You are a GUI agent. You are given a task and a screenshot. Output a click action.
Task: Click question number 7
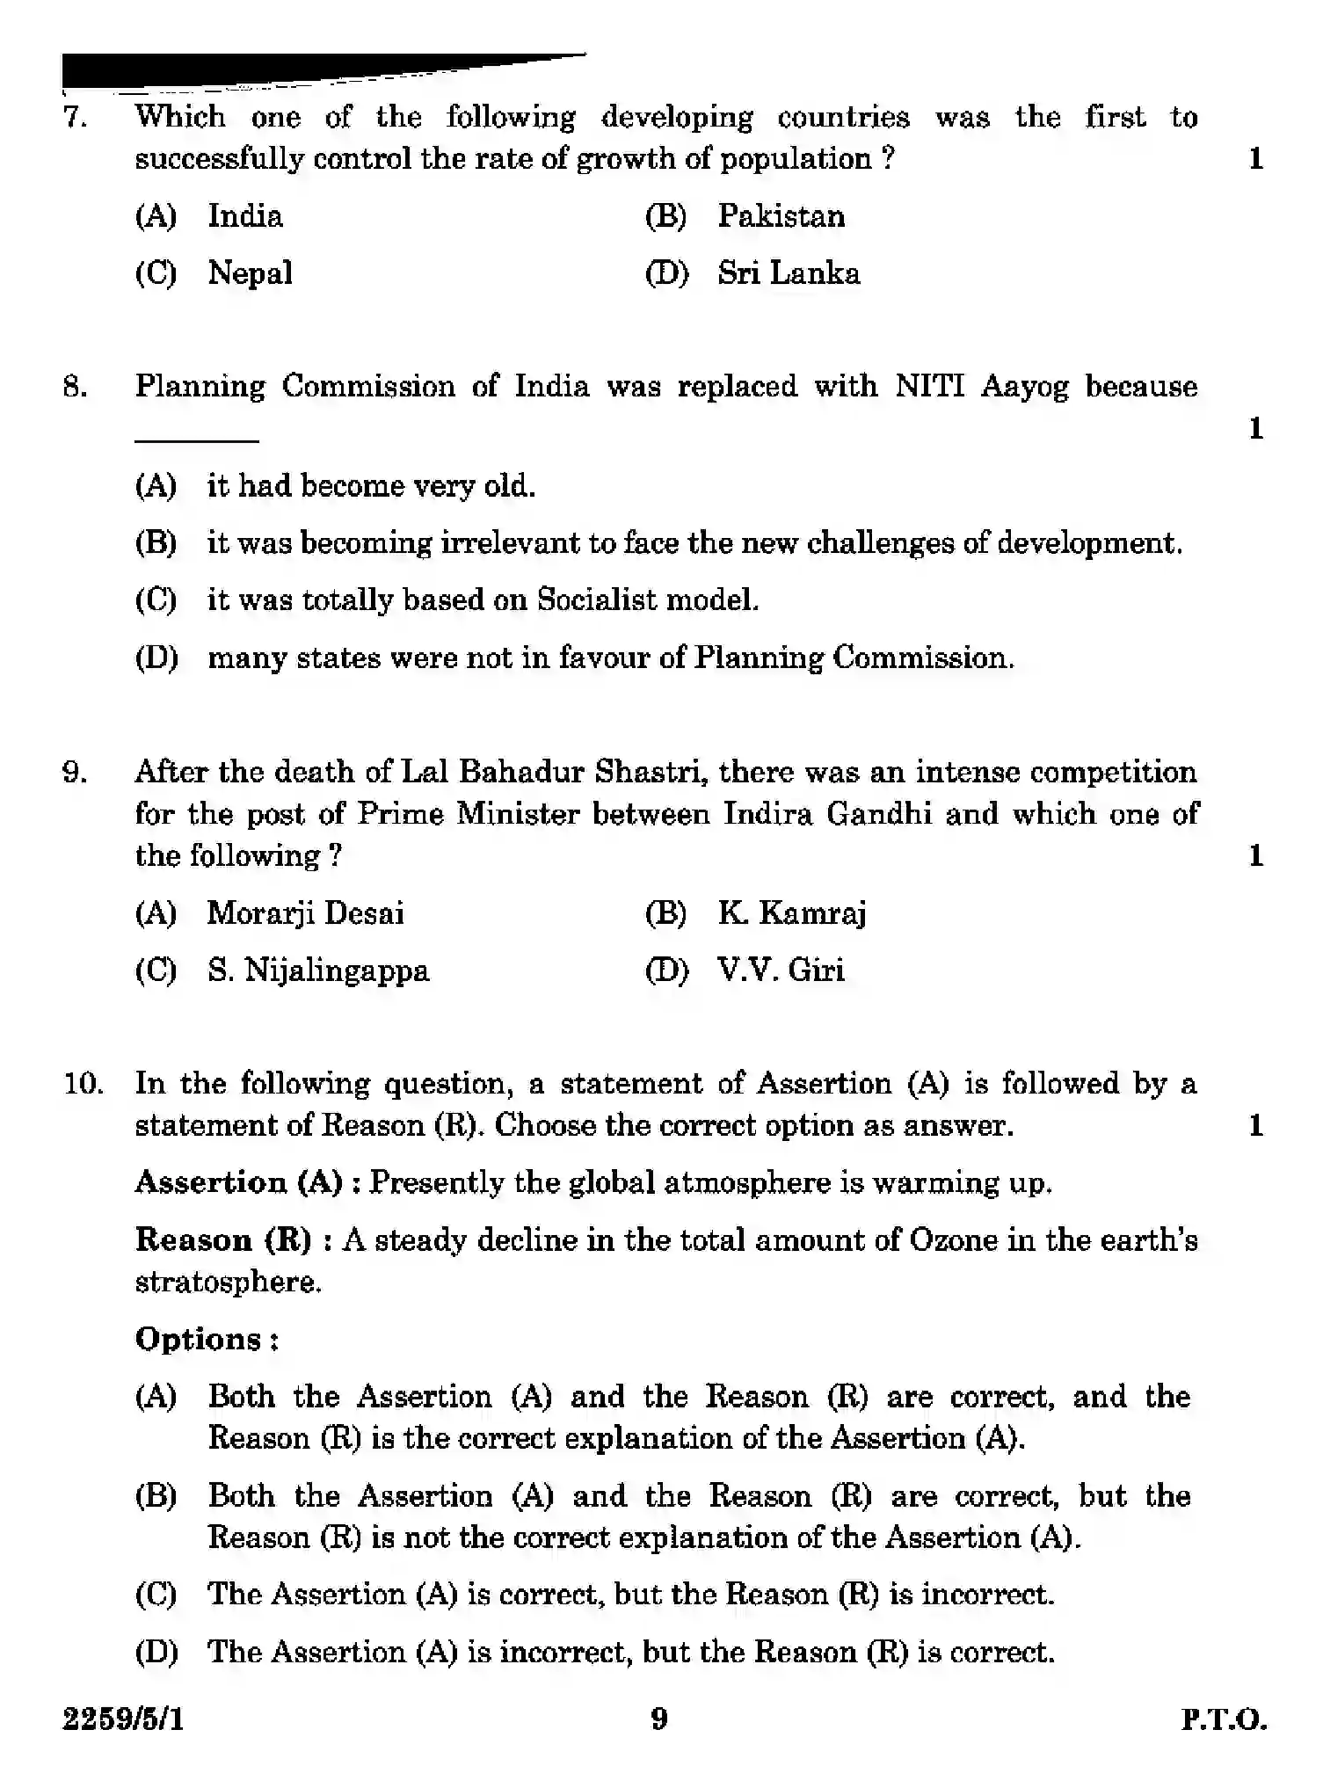coord(75,117)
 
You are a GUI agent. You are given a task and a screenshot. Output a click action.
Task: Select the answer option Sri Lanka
coord(788,273)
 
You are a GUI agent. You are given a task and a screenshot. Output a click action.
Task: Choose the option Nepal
coord(250,273)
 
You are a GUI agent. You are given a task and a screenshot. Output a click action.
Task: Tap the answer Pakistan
coord(781,216)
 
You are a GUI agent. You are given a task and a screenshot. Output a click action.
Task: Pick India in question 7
coord(244,216)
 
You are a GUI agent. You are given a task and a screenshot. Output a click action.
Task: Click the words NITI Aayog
coord(981,387)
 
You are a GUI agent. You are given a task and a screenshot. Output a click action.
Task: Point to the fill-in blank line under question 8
coord(196,440)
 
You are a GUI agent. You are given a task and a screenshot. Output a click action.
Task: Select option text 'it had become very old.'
coord(370,486)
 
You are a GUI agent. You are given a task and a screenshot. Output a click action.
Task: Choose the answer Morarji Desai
coord(305,913)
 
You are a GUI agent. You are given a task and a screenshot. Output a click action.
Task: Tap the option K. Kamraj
coord(791,913)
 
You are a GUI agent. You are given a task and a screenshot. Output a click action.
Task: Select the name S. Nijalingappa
coord(318,970)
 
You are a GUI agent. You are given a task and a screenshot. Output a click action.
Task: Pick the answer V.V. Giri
coord(781,970)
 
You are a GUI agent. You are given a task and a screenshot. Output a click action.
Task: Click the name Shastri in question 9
coord(649,772)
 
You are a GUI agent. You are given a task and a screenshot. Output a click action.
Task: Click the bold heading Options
coord(206,1340)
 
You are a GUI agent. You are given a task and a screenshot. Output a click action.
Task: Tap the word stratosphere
coord(228,1283)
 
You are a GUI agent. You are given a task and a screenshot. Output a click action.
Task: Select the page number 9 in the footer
coord(659,1719)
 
